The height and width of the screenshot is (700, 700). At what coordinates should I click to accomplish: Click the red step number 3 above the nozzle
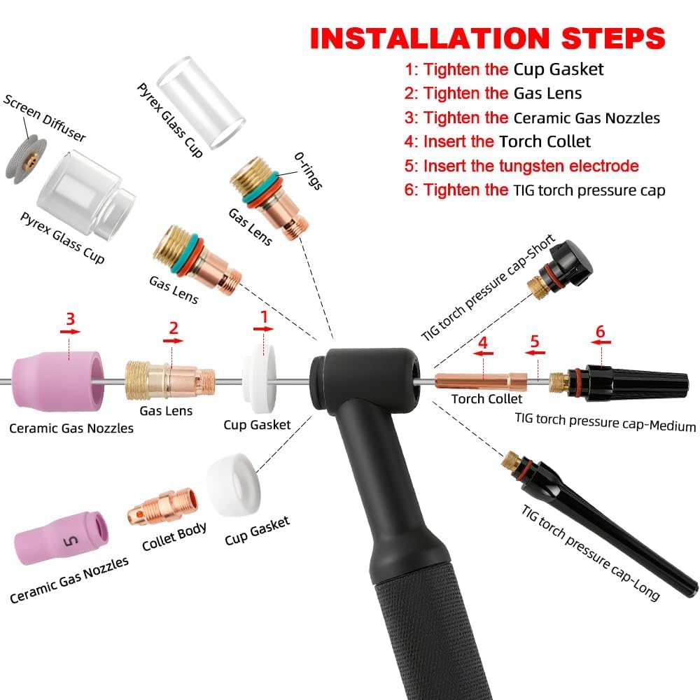pyautogui.click(x=70, y=318)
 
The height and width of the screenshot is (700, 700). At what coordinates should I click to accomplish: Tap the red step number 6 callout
pyautogui.click(x=600, y=331)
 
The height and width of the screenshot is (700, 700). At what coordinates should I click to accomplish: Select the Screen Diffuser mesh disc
pyautogui.click(x=26, y=160)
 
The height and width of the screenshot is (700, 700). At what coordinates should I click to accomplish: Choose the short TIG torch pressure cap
pyautogui.click(x=561, y=269)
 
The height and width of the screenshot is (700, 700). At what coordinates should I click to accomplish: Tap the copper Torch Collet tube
pyautogui.click(x=480, y=381)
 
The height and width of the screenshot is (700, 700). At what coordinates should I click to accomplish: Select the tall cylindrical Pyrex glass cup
pyautogui.click(x=201, y=102)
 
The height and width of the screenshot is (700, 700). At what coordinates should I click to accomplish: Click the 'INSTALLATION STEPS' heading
pyautogui.click(x=487, y=38)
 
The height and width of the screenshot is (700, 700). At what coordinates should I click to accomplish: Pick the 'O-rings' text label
pyautogui.click(x=308, y=171)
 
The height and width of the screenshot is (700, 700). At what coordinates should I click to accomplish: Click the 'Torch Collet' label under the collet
pyautogui.click(x=486, y=399)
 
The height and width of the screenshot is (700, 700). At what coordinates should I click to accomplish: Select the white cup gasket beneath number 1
pyautogui.click(x=259, y=379)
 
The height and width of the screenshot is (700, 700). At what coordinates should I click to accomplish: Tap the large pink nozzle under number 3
pyautogui.click(x=57, y=380)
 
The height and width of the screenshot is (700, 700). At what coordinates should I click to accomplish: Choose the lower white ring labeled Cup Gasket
pyautogui.click(x=234, y=484)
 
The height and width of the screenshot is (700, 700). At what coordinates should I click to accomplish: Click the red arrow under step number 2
pyautogui.click(x=173, y=341)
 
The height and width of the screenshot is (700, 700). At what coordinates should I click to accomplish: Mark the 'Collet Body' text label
pyautogui.click(x=174, y=536)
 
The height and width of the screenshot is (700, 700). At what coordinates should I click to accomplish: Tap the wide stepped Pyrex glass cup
pyautogui.click(x=85, y=193)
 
